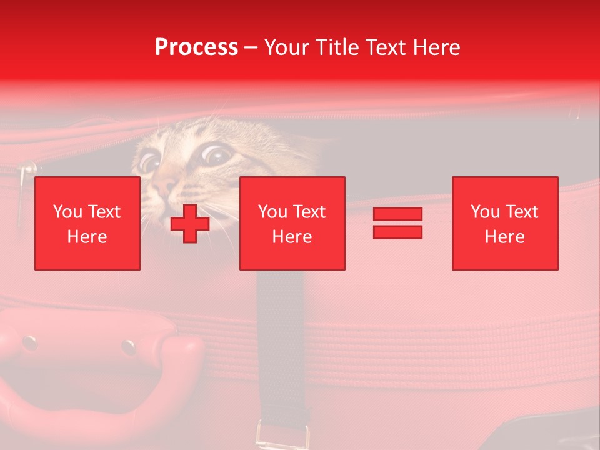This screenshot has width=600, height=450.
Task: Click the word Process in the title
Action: point(196,47)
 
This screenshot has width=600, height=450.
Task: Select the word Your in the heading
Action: point(287,47)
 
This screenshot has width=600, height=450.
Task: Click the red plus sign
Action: point(190,224)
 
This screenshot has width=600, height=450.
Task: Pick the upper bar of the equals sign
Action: point(397,214)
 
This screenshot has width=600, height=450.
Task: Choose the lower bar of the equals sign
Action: point(397,232)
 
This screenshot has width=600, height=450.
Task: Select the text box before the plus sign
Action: point(87,223)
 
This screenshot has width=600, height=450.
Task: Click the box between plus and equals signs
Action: point(292,223)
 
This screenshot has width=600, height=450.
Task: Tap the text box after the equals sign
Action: point(504,223)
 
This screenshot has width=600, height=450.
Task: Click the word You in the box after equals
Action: point(485,212)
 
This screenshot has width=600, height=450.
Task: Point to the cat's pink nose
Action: point(166,186)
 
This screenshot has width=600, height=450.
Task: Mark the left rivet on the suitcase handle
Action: point(29,342)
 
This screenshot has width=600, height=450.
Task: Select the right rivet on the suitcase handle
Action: point(129,347)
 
